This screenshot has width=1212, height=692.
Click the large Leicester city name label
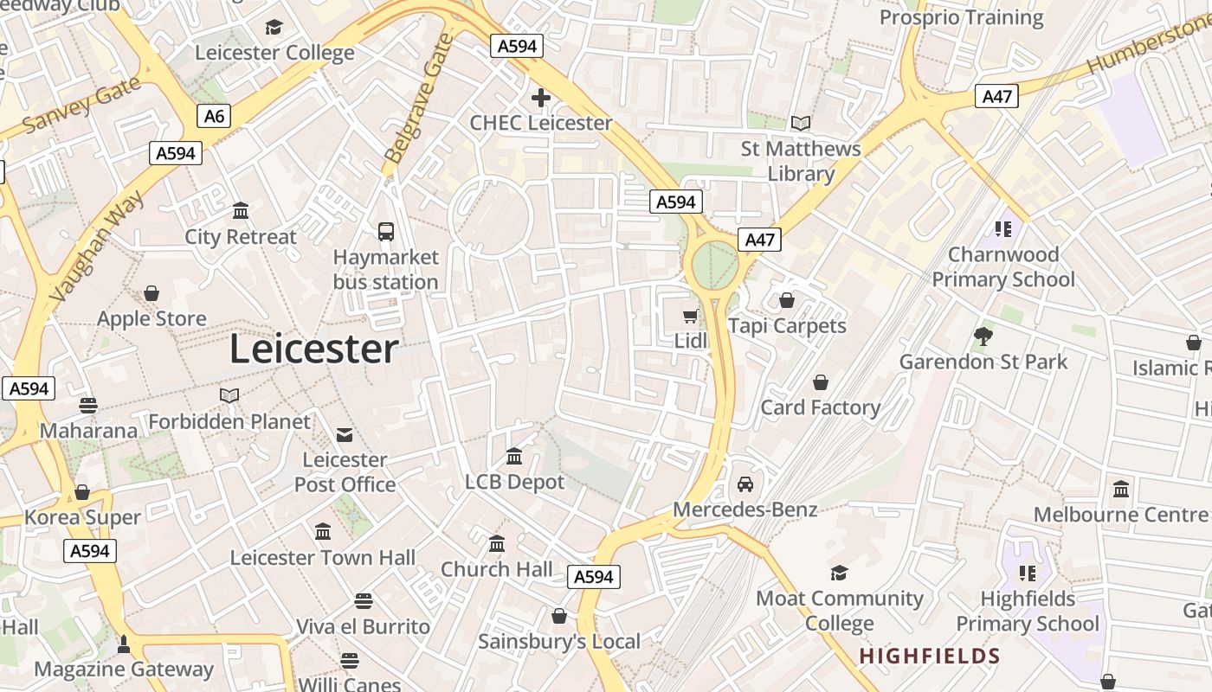click(x=313, y=349)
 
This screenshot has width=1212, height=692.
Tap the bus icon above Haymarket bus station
click(x=386, y=232)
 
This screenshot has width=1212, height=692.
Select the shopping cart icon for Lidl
click(x=691, y=317)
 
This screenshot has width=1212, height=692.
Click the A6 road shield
click(x=213, y=116)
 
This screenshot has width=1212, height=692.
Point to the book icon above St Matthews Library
click(x=801, y=124)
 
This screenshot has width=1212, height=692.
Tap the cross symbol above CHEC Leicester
click(x=541, y=98)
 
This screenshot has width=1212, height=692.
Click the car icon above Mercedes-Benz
click(x=745, y=484)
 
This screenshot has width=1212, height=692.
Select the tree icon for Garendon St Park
click(x=983, y=336)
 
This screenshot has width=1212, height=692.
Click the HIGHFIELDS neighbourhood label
click(x=930, y=657)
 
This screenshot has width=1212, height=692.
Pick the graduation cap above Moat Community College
click(x=839, y=573)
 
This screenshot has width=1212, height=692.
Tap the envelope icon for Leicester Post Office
click(x=345, y=434)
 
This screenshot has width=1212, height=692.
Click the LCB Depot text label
click(x=514, y=482)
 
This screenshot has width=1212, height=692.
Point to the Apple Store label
click(x=151, y=318)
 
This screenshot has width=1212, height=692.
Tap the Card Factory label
click(x=820, y=407)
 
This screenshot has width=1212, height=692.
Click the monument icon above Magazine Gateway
click(x=123, y=644)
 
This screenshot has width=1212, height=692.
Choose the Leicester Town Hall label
click(x=322, y=558)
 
